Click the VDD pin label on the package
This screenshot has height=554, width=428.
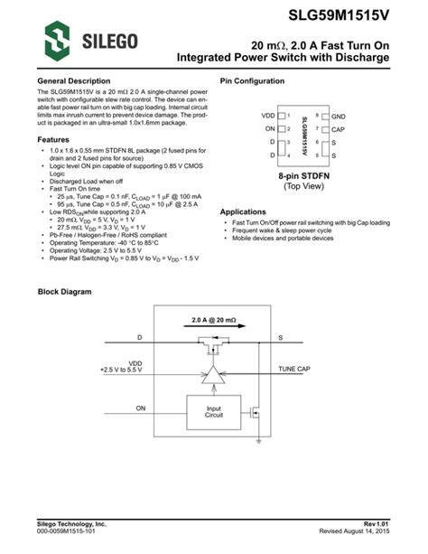click(x=268, y=117)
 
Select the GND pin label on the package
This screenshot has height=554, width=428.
click(x=338, y=117)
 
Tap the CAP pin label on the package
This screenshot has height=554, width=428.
click(x=338, y=130)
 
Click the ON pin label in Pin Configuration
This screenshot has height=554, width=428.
click(x=270, y=130)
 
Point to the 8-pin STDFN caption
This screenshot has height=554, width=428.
click(x=302, y=175)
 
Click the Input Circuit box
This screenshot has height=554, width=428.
click(x=214, y=411)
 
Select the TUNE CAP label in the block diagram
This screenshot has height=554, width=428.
click(x=294, y=370)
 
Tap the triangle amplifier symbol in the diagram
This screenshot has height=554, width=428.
click(x=214, y=375)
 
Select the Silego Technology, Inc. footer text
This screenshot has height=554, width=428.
click(x=71, y=523)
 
